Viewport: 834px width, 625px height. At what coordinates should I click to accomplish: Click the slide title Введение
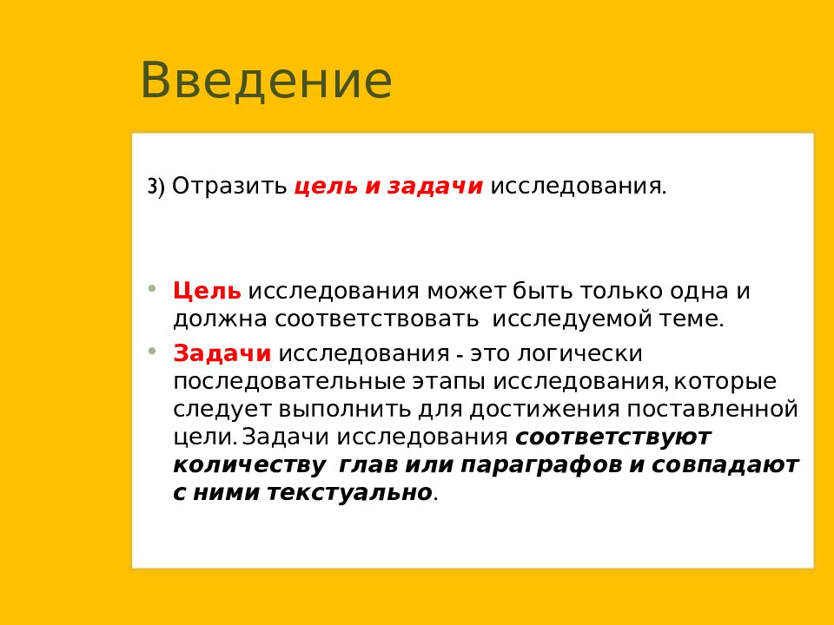point(266,80)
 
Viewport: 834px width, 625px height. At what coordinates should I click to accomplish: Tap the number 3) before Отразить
point(156,187)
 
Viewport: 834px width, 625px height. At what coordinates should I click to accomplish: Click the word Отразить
point(229,186)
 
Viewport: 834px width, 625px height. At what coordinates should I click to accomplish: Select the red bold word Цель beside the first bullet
point(207,291)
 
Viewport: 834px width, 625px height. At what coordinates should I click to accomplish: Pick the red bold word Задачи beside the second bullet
point(222,353)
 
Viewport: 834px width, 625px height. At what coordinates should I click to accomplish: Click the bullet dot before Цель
point(153,288)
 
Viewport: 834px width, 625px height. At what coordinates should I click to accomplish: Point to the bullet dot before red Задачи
point(153,351)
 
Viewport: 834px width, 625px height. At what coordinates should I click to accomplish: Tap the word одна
point(698,291)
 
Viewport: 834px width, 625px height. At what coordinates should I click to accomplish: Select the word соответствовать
point(376,319)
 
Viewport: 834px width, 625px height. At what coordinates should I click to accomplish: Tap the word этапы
point(448,383)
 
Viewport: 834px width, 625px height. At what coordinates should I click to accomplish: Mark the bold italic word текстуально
point(349,493)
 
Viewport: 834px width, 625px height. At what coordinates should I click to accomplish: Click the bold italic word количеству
point(249,465)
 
